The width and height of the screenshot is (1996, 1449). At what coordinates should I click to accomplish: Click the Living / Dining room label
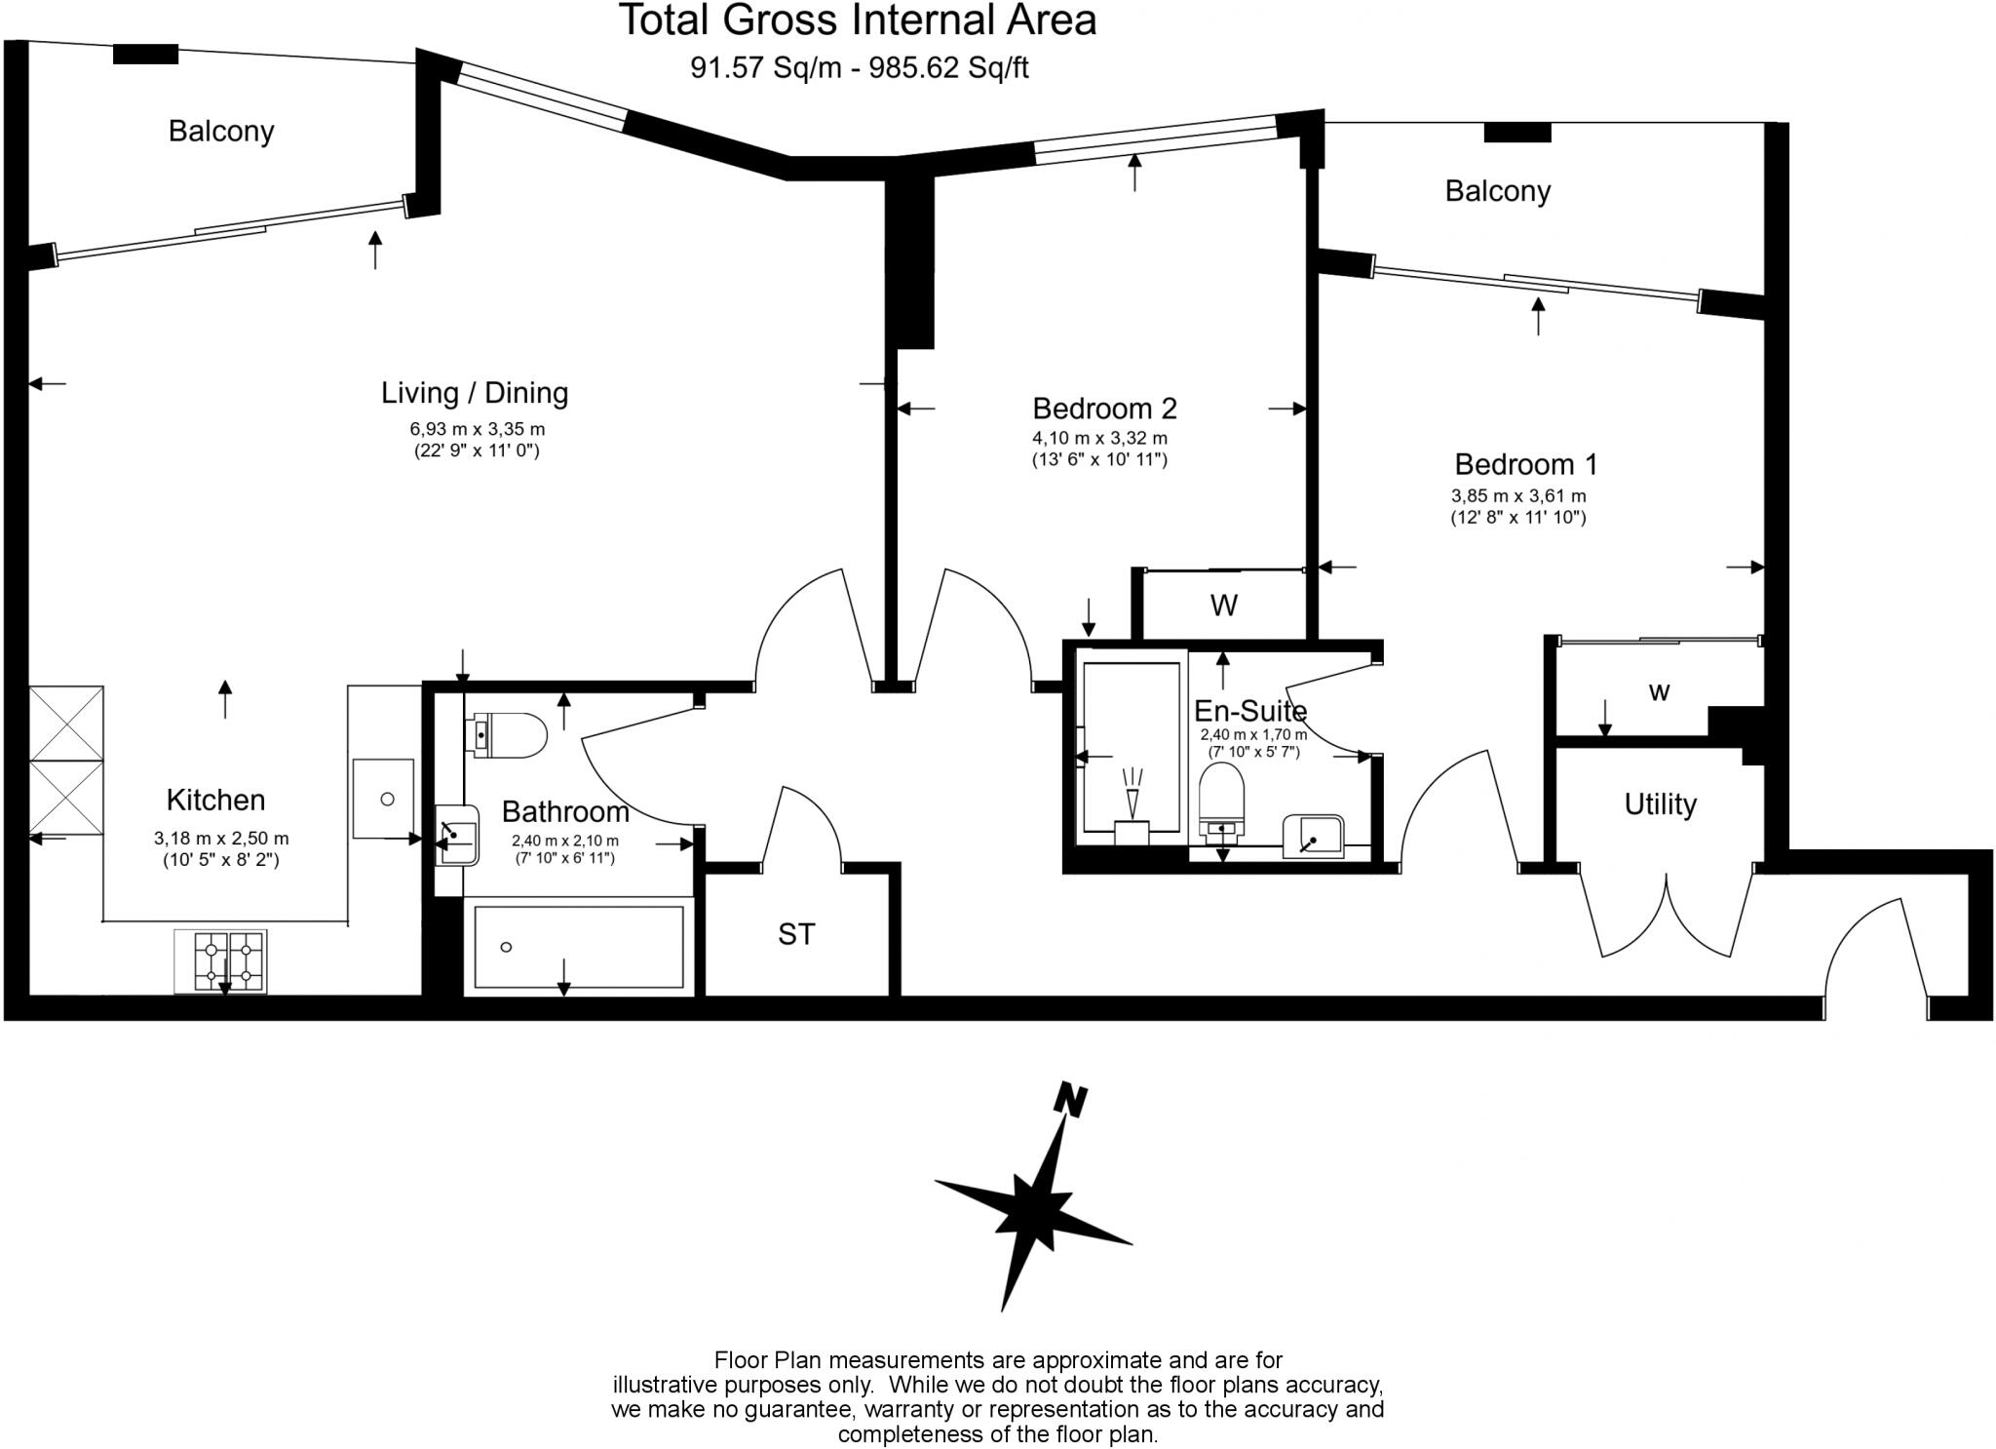[x=474, y=393]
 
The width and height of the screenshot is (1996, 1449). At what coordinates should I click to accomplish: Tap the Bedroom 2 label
[x=1104, y=408]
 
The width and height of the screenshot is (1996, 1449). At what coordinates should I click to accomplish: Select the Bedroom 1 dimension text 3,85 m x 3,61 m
[x=1518, y=496]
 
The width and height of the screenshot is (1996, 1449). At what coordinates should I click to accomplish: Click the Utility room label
[x=1660, y=804]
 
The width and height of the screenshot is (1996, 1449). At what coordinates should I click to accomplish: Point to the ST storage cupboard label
[x=795, y=934]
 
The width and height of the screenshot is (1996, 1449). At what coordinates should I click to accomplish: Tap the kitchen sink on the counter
[x=383, y=799]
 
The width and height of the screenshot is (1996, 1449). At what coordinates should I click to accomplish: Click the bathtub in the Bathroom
[x=579, y=947]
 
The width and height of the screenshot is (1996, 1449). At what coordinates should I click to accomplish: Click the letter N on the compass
[x=1071, y=1100]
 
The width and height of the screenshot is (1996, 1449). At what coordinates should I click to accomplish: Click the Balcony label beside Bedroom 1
[x=1497, y=191]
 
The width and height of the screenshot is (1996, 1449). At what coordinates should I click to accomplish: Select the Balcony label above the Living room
[x=221, y=131]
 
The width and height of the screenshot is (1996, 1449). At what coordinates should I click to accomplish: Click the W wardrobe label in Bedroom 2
[x=1223, y=606]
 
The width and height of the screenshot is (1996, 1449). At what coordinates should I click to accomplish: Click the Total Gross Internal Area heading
[x=858, y=20]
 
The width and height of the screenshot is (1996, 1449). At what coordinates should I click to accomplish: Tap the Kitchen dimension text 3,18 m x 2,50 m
[x=221, y=839]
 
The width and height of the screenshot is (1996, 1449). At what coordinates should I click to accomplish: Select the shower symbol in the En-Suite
[x=1132, y=795]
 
